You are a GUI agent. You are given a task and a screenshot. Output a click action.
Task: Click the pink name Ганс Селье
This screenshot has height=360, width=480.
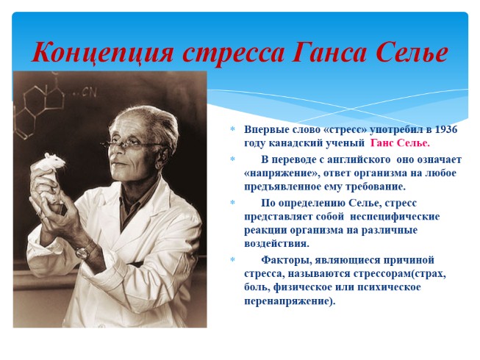(401, 143)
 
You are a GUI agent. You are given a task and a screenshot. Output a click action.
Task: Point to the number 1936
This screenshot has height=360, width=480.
(444, 129)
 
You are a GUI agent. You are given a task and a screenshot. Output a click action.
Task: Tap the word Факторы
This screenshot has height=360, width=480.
(287, 259)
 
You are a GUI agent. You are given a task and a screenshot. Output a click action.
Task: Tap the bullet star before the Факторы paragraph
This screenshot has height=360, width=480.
(232, 260)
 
